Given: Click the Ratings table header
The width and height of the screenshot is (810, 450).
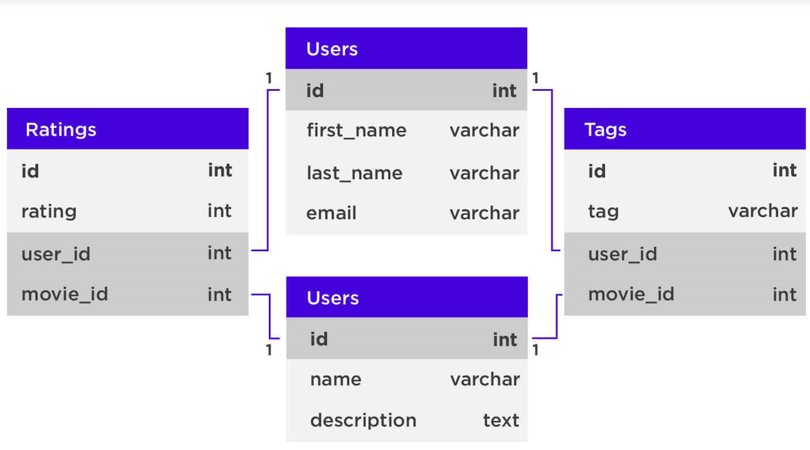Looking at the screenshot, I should pos(61,130).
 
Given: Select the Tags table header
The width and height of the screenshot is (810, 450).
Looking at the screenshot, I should pos(606,130).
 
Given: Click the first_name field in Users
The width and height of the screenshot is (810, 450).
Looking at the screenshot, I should pos(356,130).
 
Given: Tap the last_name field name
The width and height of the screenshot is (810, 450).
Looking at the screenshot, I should pos(354,173).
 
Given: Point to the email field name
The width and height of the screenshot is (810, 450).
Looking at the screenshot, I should pos(331,213).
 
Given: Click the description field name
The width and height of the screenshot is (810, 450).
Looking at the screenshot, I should pos(363,420).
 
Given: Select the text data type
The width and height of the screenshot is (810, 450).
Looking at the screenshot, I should pos(501,420).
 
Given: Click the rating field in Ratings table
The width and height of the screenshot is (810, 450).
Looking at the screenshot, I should pos(49,211).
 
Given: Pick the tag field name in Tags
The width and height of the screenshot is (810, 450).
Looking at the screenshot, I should pos(603,211).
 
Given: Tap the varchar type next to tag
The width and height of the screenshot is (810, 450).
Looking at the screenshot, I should pos(763,211).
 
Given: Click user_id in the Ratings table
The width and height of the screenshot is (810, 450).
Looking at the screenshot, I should pos(55,254).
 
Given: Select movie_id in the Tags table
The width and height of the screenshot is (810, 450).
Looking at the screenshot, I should pos(631,295).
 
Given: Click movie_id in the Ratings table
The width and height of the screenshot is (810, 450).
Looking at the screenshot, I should pos(65,295).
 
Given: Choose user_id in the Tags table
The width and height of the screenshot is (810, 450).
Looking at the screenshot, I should pos(622,254).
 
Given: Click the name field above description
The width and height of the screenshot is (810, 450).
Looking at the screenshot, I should pos(336,379).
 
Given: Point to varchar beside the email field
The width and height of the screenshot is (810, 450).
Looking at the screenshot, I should pos(484,213).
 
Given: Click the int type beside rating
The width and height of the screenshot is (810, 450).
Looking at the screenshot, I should pos(220,211).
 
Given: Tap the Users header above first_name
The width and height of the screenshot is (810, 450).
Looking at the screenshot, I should pos(332,49).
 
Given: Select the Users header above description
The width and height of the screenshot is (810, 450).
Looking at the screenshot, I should pos(332,298).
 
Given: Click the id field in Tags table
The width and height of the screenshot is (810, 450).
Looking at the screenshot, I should pos(597,171).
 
